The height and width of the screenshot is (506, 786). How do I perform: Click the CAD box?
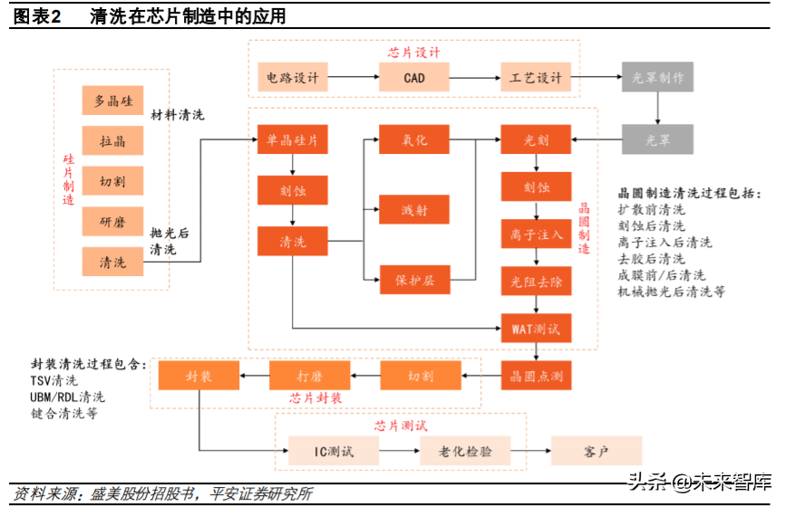pos(413,78)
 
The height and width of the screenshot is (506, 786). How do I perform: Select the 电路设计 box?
pos(293,78)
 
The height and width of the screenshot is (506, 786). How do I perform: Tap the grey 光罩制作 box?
pos(657,78)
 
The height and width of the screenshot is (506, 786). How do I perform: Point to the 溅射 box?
pos(413,210)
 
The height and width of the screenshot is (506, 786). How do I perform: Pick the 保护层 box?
pos(413,280)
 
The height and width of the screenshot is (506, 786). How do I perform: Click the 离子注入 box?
pos(537,234)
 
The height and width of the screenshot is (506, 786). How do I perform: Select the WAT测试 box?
pos(537,326)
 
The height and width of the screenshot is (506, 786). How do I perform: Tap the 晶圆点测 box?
pos(537,375)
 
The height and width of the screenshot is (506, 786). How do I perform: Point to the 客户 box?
pos(596,450)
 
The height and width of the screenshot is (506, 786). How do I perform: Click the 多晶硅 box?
pos(113,101)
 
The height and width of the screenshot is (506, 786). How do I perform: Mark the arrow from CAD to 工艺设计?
pos(474,78)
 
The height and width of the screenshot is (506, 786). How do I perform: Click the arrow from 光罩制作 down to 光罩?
pos(657,109)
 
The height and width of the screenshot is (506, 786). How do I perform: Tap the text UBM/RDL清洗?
pos(67,396)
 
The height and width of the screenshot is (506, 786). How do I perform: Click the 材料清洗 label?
pos(178,116)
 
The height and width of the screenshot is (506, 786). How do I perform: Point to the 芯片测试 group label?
pos(400,425)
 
